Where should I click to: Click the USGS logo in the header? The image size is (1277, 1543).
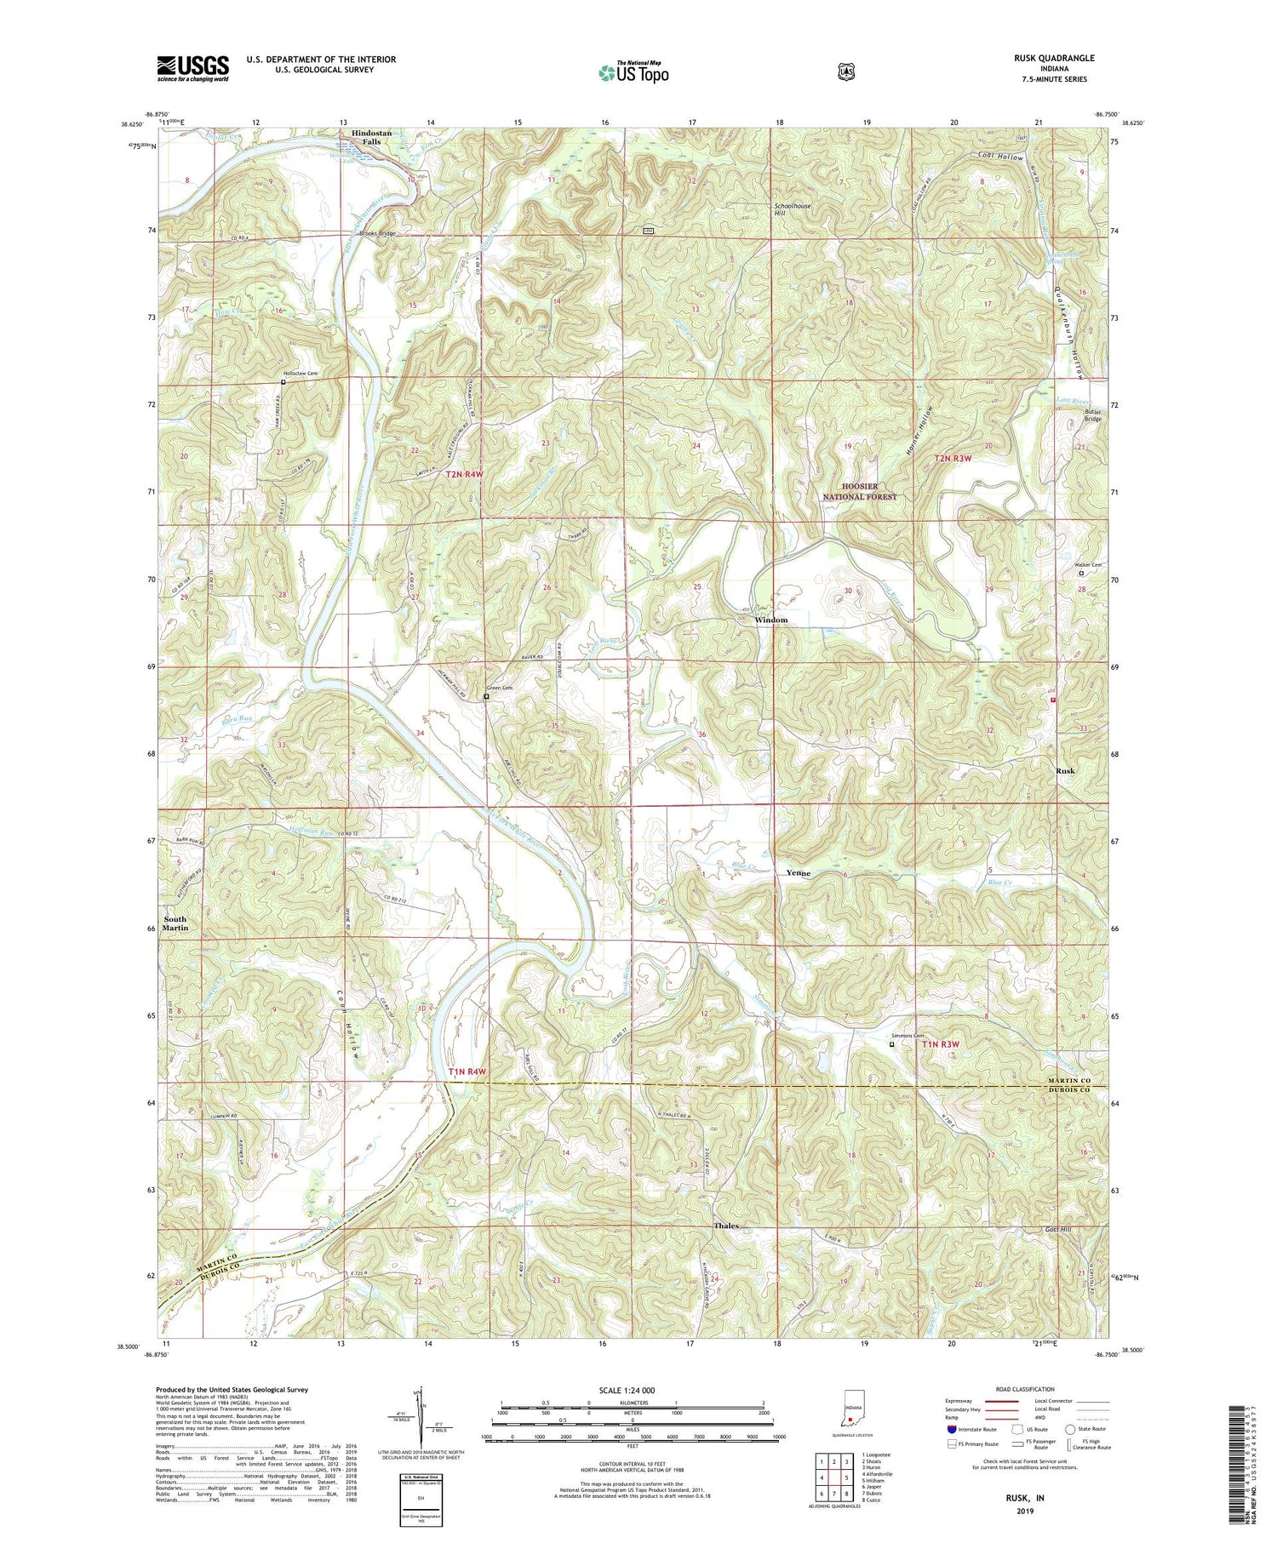coord(192,67)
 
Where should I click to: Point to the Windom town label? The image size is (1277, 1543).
coord(771,620)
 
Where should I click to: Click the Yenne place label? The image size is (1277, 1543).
coord(798,873)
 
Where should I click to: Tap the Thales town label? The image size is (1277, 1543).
coord(725,1226)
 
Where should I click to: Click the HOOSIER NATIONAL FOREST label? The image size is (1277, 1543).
coord(859,491)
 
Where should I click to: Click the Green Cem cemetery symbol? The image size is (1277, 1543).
coord(486,697)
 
